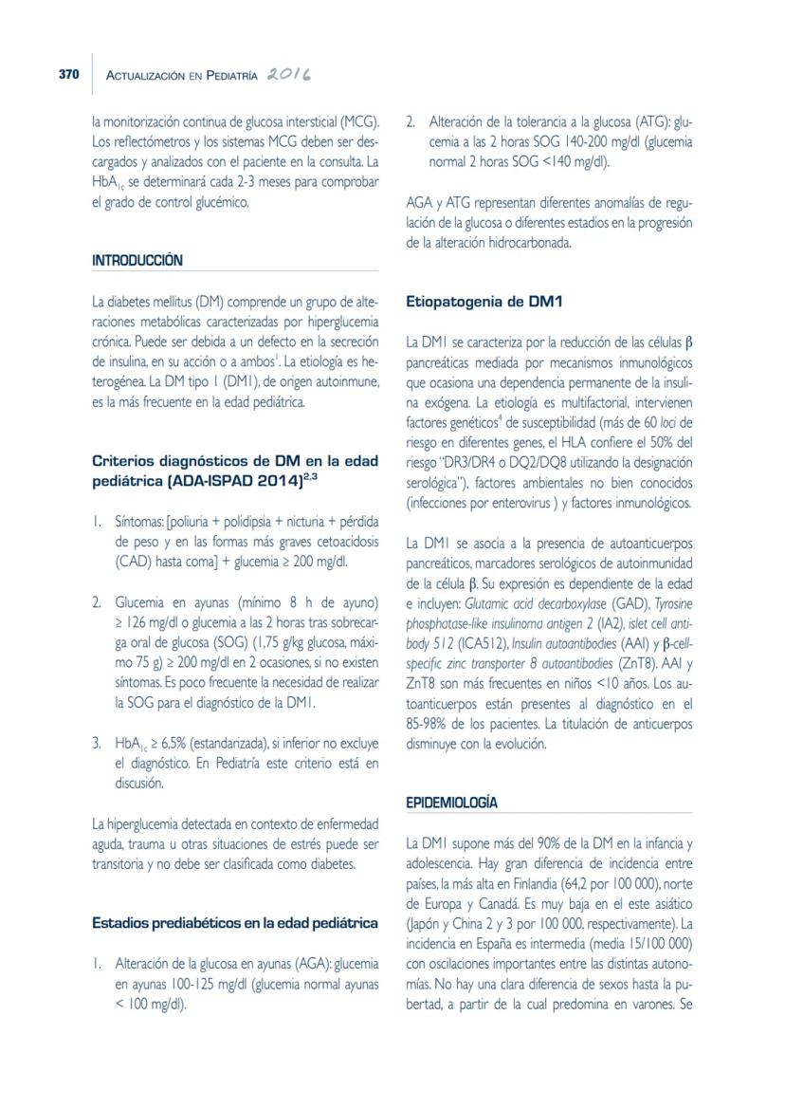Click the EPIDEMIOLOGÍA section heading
coord(451,803)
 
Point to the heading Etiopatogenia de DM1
coord(484,303)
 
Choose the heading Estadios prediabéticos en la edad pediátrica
coord(235,922)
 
